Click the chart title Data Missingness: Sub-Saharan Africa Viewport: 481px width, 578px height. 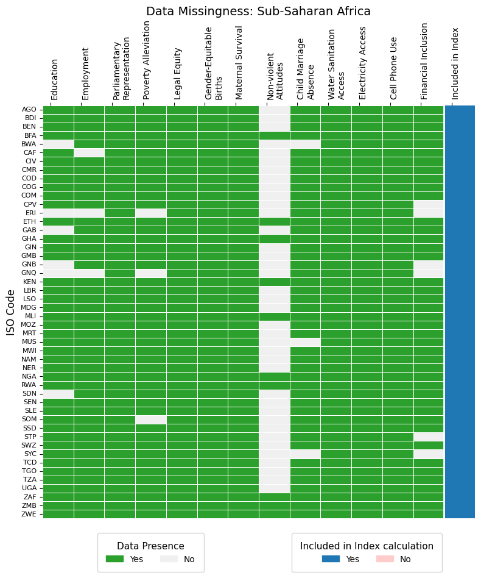[258, 12]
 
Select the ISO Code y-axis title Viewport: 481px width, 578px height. [11, 312]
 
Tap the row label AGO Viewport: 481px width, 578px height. [29, 110]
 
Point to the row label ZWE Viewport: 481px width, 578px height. [29, 514]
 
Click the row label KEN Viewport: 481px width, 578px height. [29, 282]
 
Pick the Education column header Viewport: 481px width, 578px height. [55, 79]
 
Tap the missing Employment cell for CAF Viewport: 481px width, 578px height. [89, 152]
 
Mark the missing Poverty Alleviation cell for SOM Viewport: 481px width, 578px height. [151, 419]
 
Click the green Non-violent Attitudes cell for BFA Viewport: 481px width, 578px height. [274, 135]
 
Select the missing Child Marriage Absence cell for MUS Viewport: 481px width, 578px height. [305, 342]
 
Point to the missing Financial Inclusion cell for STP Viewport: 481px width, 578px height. [429, 437]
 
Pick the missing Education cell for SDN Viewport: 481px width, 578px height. [58, 394]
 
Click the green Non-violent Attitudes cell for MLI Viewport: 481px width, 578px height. [274, 316]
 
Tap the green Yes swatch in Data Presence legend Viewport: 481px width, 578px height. [114, 559]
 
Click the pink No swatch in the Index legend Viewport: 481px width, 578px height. [385, 559]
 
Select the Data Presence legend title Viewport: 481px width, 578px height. [150, 546]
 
